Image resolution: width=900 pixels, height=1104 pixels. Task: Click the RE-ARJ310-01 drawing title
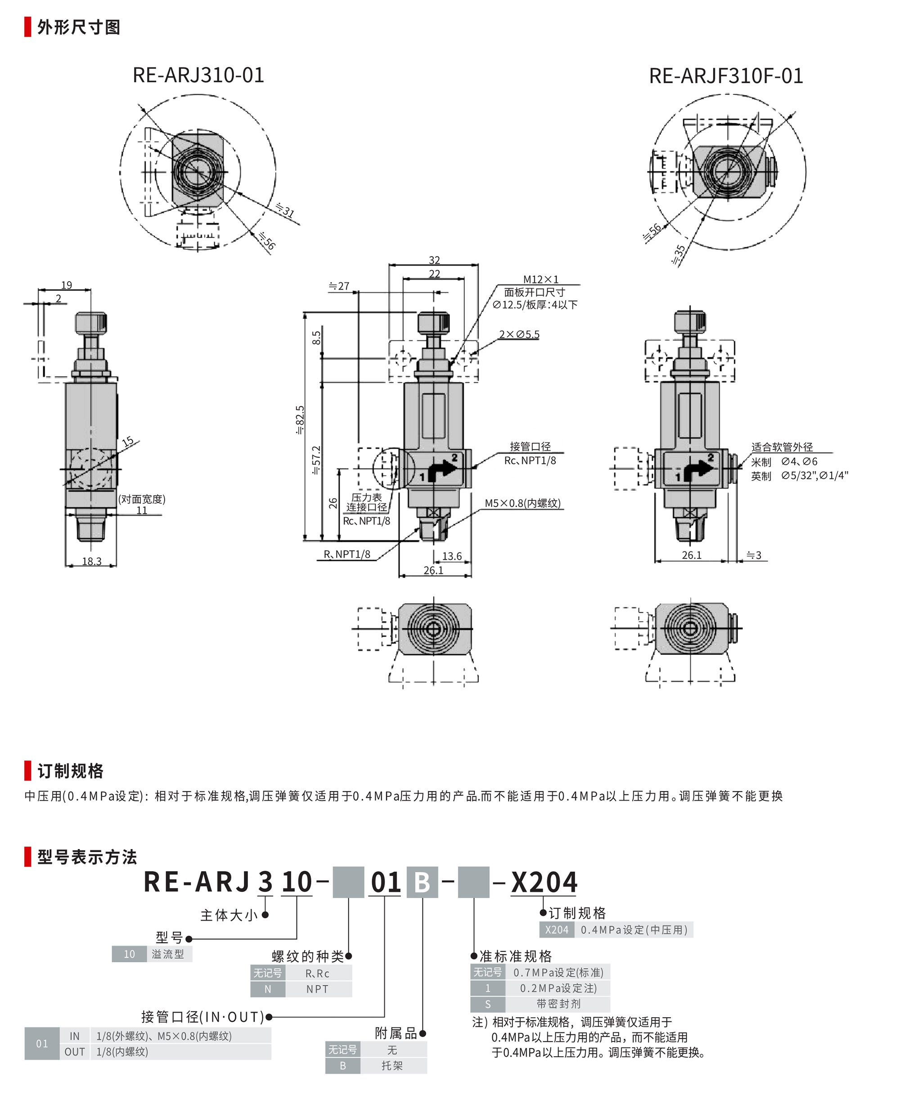[198, 75]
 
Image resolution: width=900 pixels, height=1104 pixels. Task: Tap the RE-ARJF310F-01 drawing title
[726, 76]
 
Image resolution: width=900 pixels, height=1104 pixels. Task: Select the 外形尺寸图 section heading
[79, 27]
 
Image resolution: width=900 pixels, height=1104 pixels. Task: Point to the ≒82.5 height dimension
[300, 420]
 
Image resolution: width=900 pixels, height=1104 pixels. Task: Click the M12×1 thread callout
[541, 279]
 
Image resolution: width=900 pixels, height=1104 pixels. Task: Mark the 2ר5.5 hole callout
[519, 334]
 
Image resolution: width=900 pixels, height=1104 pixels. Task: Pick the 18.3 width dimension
[92, 561]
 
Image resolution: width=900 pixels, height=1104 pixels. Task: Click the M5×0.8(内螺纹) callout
[522, 503]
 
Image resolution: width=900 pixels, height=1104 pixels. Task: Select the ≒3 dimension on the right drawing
[754, 555]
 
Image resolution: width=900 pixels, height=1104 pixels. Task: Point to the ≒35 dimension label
[679, 255]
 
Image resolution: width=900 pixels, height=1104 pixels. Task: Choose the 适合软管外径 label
[782, 447]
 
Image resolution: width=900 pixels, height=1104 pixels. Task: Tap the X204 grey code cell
[557, 930]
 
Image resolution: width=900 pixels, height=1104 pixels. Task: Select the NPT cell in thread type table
[317, 989]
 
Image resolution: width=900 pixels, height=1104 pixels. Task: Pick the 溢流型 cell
[168, 954]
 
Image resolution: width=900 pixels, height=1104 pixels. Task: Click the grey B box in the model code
[422, 882]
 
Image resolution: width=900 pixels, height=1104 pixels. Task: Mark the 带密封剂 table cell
[558, 1004]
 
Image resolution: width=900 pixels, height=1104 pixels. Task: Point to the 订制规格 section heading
[71, 771]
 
